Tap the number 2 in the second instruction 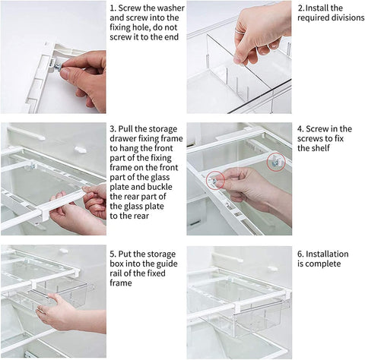click(300, 8)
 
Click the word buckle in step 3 click(160, 187)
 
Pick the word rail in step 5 click(120, 273)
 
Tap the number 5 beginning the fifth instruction click(113, 254)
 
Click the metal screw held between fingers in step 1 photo click(58, 67)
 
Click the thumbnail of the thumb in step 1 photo click(65, 73)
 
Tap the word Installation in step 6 click(327, 254)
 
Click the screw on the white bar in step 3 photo click(33, 166)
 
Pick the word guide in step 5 click(167, 264)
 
